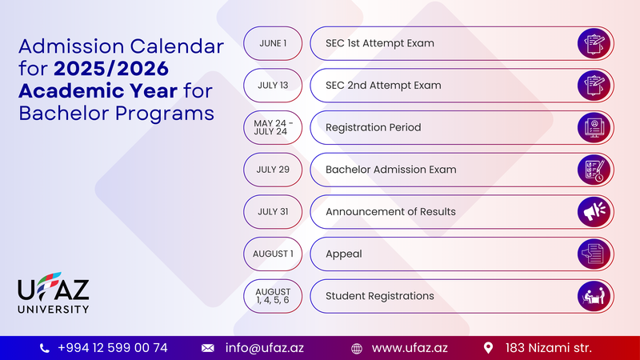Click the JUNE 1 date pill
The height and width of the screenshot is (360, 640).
[x=273, y=43]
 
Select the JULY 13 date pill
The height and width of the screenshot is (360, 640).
[x=273, y=86]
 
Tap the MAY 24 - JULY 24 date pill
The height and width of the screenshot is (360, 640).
[x=273, y=127]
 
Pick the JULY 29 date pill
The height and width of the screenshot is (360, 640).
[x=273, y=170]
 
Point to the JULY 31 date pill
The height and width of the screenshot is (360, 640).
[x=273, y=211]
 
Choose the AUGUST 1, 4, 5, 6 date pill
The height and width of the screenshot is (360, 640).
[x=273, y=296]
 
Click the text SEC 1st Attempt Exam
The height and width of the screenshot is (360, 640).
[x=379, y=43]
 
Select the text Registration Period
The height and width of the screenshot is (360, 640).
[x=373, y=128]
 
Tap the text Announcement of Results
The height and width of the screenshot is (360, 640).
[x=390, y=211]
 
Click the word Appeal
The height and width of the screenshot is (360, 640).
[x=344, y=254]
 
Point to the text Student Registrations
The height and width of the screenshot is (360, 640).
[x=379, y=296]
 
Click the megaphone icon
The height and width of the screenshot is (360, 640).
[x=594, y=211]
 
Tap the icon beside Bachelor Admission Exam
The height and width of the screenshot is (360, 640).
[x=594, y=170]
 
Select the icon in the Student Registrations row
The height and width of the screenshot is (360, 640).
[x=594, y=296]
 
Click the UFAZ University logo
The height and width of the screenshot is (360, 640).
[x=53, y=293]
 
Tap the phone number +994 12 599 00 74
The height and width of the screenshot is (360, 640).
[x=113, y=348]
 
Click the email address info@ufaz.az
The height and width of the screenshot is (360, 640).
[x=265, y=348]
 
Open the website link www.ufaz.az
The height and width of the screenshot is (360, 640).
[x=410, y=348]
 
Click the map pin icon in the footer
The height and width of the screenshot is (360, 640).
[x=488, y=348]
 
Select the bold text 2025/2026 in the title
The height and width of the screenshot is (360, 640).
[x=111, y=69]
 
